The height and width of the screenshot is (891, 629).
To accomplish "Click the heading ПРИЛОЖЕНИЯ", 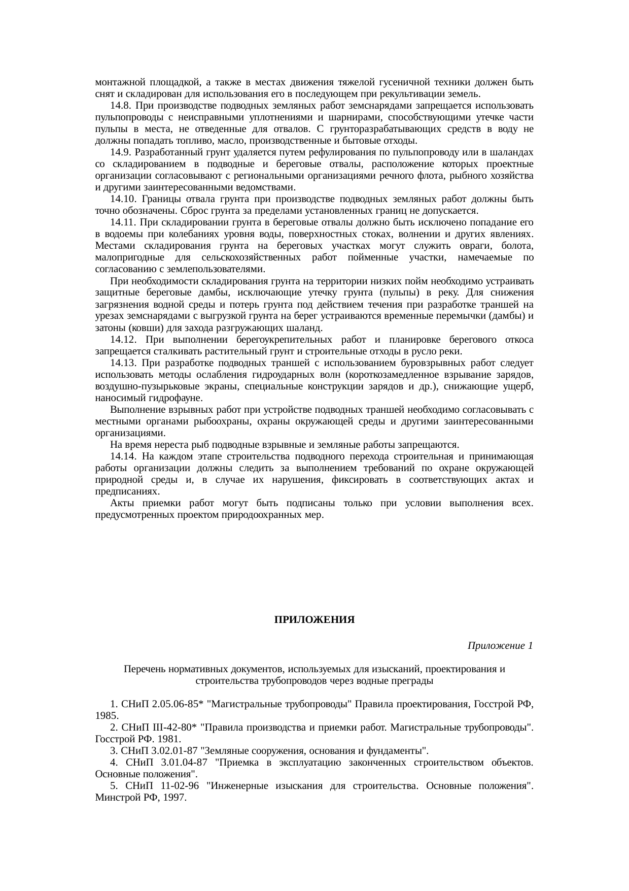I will [314, 620].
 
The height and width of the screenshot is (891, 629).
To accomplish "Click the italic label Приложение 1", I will [500, 645].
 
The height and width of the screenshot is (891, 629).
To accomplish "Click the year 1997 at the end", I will [176, 798].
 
